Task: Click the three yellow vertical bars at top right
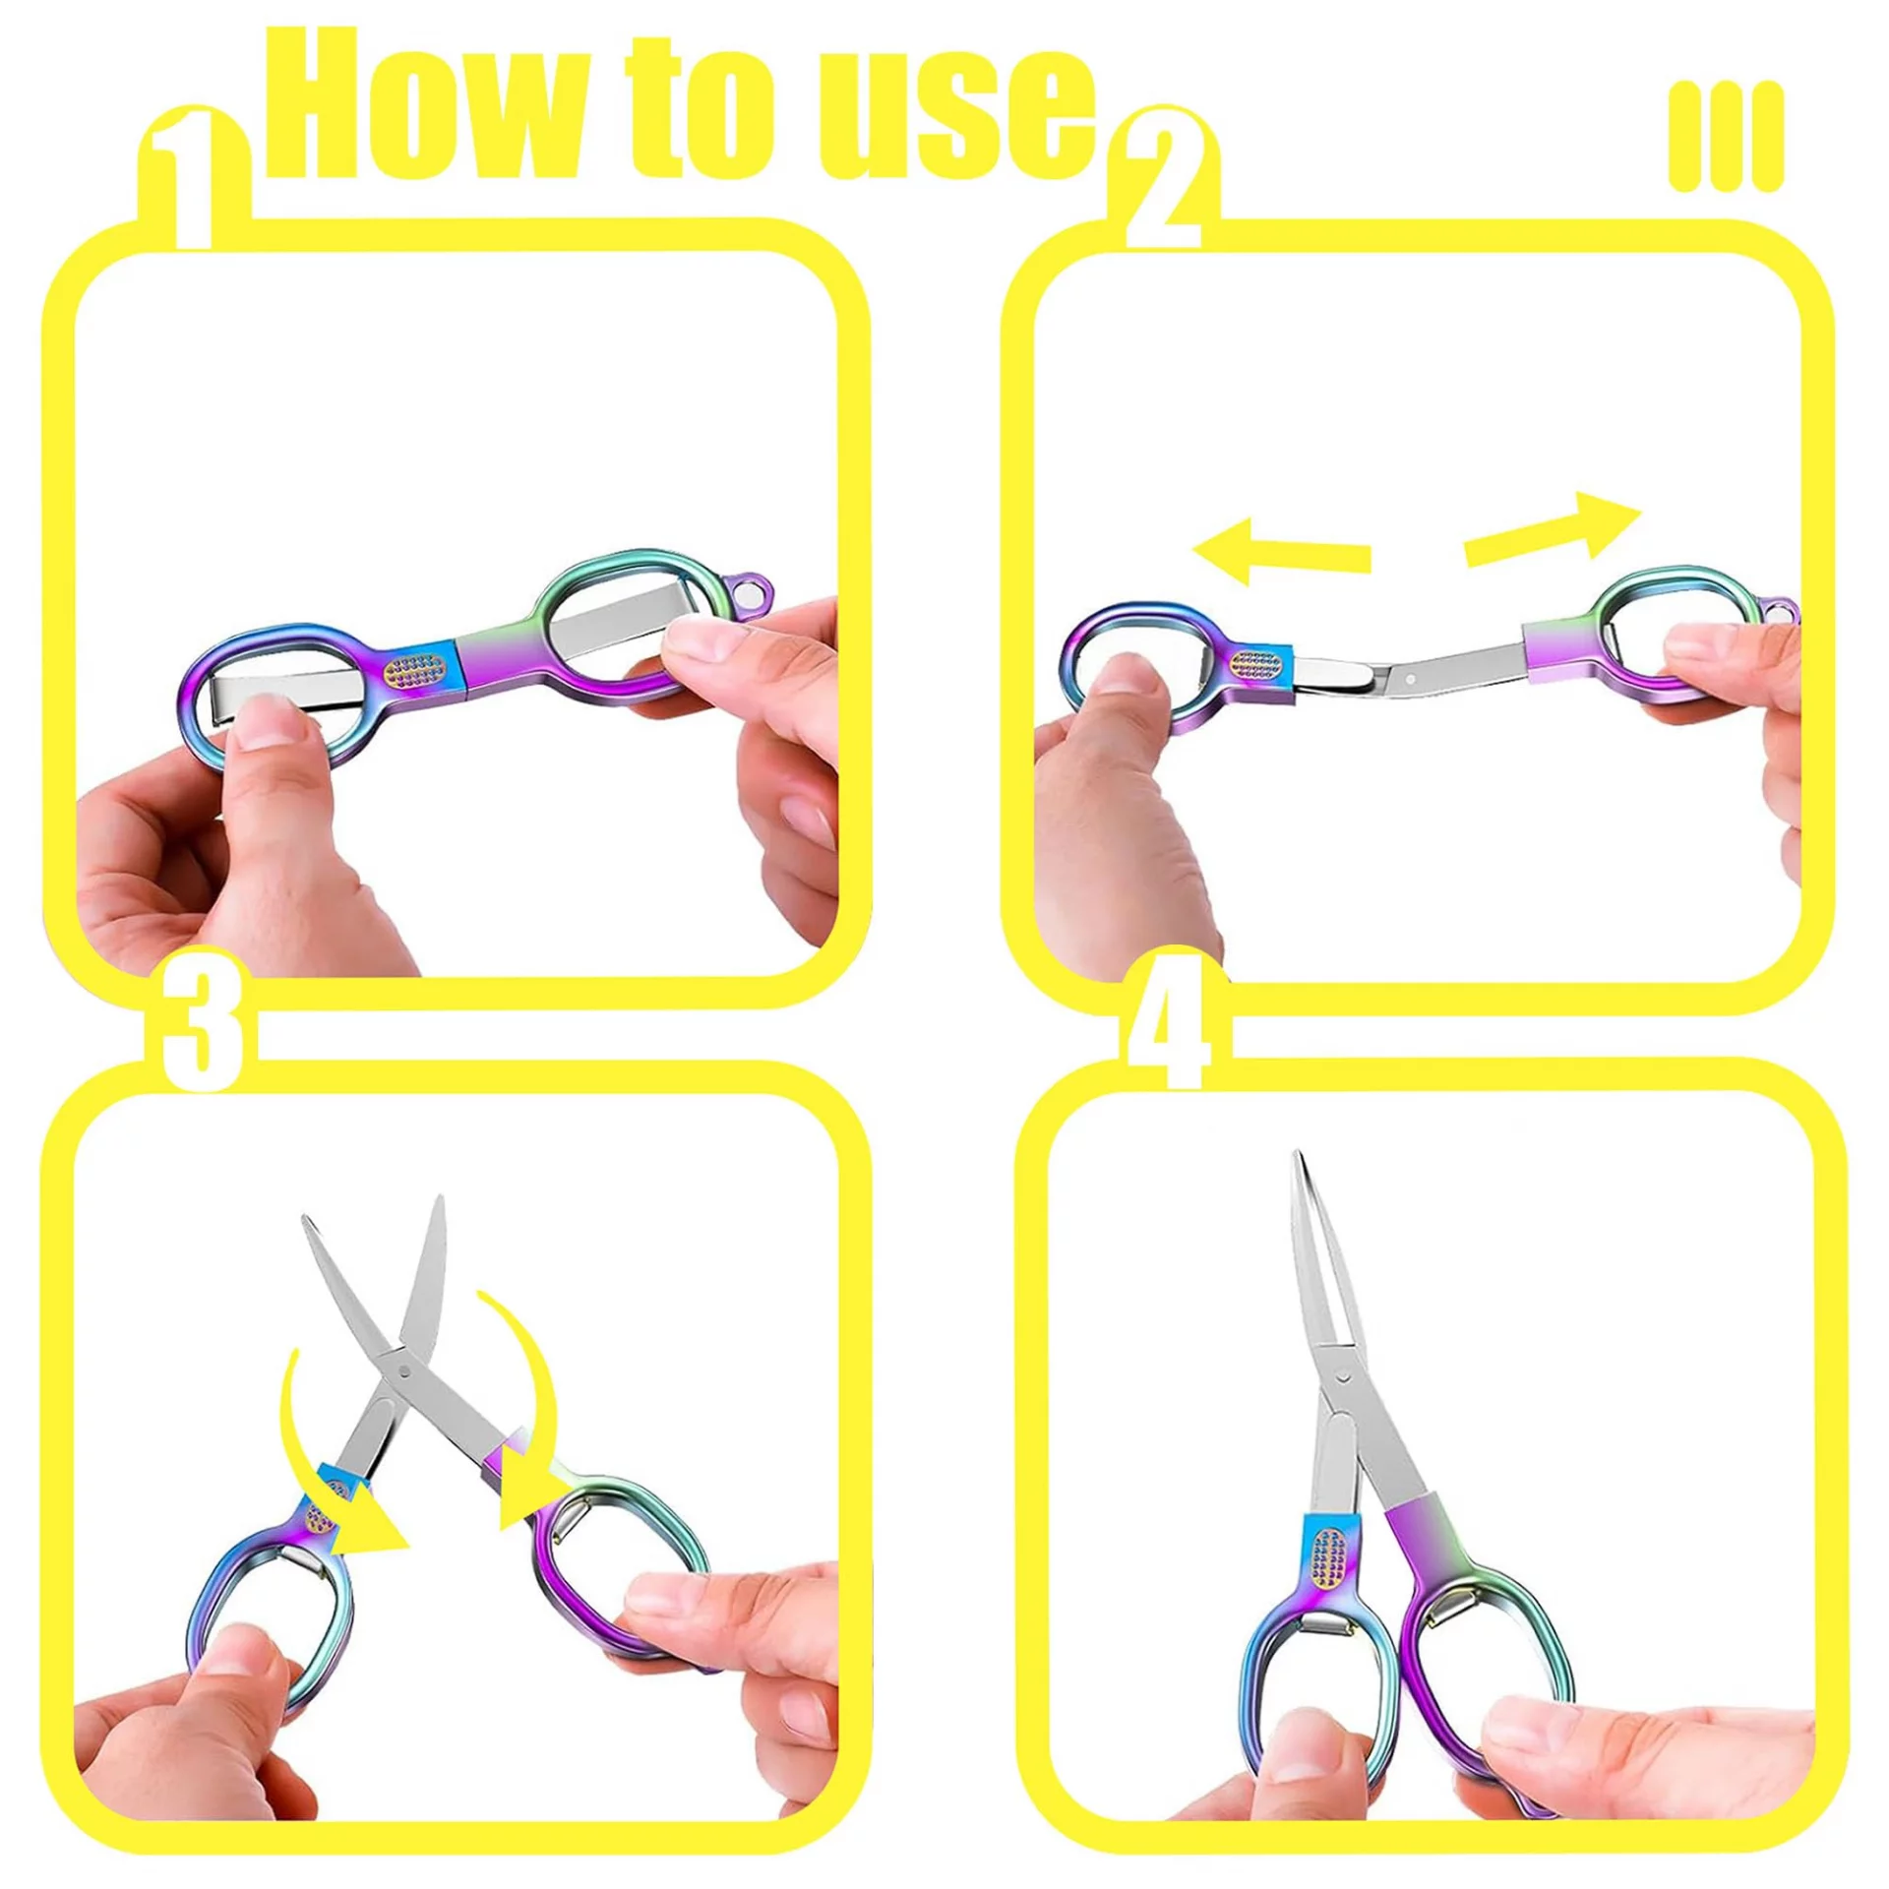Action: [1726, 136]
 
